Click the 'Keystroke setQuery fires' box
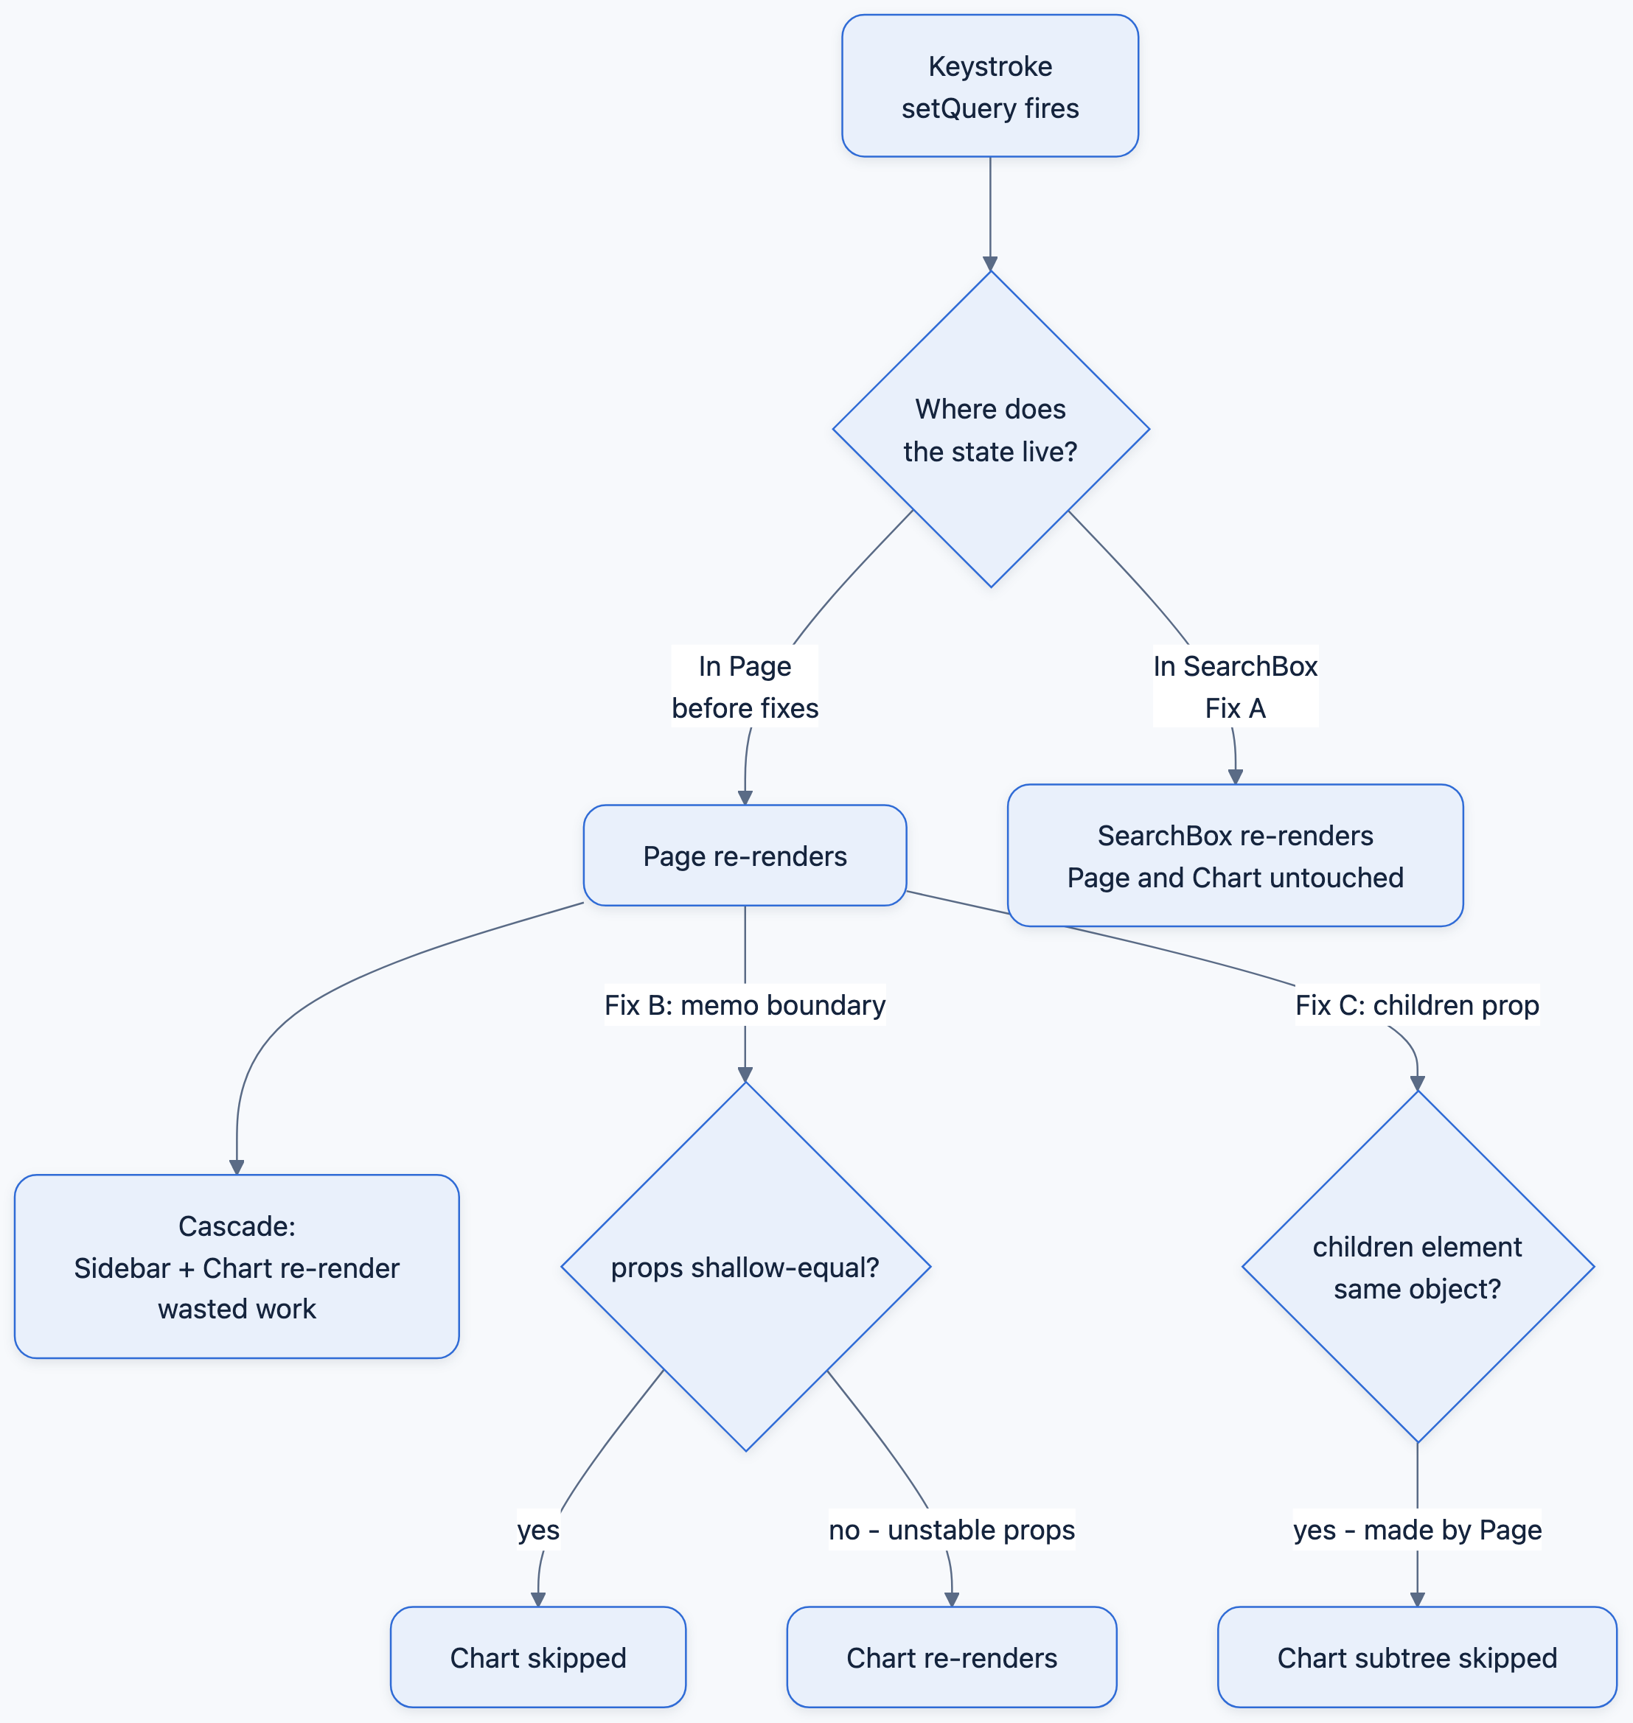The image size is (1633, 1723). click(x=989, y=86)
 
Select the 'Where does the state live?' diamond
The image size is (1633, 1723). click(x=991, y=429)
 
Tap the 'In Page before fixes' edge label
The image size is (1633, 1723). click(x=745, y=687)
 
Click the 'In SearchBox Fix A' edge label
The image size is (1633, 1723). click(x=1235, y=687)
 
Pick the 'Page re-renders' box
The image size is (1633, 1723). click(x=745, y=856)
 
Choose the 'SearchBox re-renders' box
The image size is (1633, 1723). click(x=1235, y=856)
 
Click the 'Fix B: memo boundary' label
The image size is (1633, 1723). click(x=745, y=1005)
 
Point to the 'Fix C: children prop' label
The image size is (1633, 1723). click(x=1417, y=1005)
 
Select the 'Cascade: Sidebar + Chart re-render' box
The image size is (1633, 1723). click(x=237, y=1267)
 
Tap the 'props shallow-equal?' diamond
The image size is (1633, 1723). click(x=745, y=1267)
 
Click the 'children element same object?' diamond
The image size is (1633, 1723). click(x=1417, y=1267)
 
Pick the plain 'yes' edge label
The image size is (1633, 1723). click(x=538, y=1530)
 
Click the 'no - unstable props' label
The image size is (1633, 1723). click(x=952, y=1530)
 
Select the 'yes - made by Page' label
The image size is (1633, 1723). click(x=1417, y=1530)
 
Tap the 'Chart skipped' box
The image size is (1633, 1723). click(x=538, y=1657)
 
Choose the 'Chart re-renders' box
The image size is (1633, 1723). click(x=952, y=1657)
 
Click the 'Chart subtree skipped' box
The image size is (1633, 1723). click(x=1417, y=1657)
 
